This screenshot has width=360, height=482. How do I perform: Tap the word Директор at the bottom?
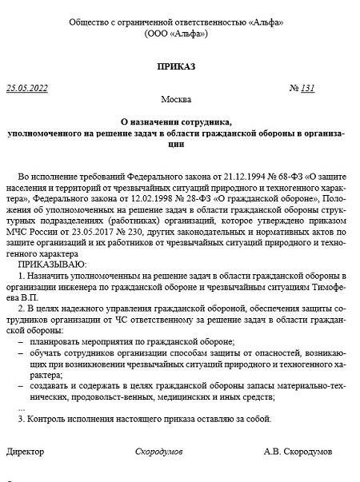[x=26, y=452]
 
